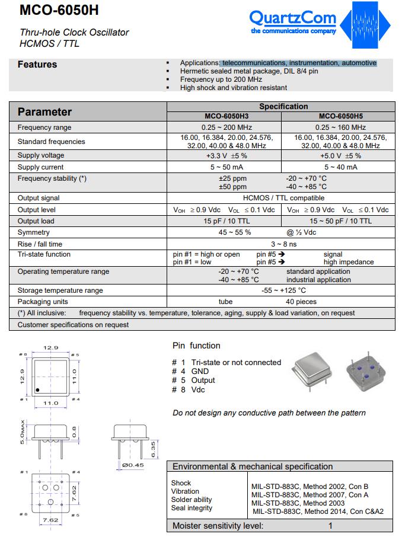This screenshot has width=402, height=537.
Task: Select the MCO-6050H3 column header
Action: pyautogui.click(x=225, y=117)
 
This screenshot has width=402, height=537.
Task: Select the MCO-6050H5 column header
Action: pyautogui.click(x=341, y=117)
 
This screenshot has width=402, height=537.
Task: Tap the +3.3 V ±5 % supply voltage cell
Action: pyautogui.click(x=225, y=156)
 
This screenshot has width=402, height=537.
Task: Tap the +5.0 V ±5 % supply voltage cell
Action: pyautogui.click(x=341, y=156)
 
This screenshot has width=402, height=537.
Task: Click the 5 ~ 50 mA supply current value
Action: pyautogui.click(x=225, y=167)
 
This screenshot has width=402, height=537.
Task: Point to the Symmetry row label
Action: pyautogui.click(x=34, y=232)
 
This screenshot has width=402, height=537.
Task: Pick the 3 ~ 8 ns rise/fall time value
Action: pyautogui.click(x=283, y=244)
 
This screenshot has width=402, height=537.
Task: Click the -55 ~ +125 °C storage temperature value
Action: pyautogui.click(x=283, y=290)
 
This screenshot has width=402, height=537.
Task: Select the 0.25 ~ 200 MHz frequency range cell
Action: pyautogui.click(x=225, y=127)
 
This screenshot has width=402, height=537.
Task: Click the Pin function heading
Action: pyautogui.click(x=196, y=346)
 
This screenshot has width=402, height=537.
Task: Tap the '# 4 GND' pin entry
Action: pyautogui.click(x=190, y=372)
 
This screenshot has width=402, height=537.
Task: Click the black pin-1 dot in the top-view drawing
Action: pyautogui.click(x=38, y=389)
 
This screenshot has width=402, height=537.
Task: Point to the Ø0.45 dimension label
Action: pyautogui.click(x=133, y=465)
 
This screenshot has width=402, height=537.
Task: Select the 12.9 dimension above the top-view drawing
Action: pyautogui.click(x=52, y=348)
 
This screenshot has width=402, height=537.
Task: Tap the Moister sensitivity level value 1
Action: pyautogui.click(x=330, y=526)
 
